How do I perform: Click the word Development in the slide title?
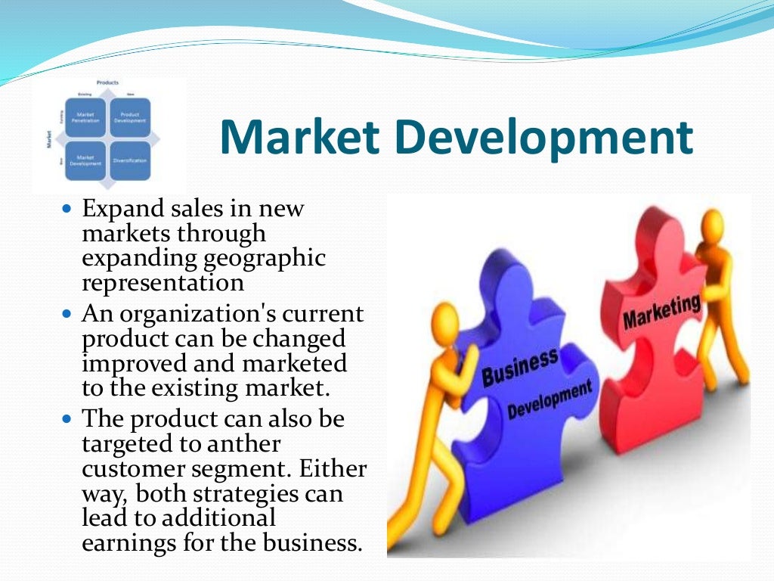click(540, 138)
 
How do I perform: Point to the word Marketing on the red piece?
click(661, 312)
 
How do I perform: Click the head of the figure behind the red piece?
click(713, 224)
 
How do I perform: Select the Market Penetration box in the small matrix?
click(85, 117)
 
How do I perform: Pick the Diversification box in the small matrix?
click(130, 160)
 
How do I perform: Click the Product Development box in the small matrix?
click(130, 117)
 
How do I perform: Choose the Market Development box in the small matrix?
click(85, 160)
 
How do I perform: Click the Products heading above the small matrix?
click(107, 82)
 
